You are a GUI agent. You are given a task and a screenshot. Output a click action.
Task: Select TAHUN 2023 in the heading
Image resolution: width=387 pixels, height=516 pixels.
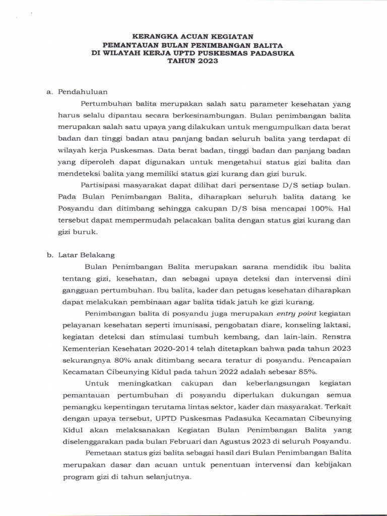tap(193, 61)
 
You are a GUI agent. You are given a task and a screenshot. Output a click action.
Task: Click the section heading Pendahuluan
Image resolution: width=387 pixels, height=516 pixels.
tap(82, 92)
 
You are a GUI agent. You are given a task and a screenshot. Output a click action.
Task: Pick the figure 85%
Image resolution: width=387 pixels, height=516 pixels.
tap(308, 372)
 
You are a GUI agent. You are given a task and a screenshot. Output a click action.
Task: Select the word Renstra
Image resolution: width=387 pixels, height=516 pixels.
tap(337, 337)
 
